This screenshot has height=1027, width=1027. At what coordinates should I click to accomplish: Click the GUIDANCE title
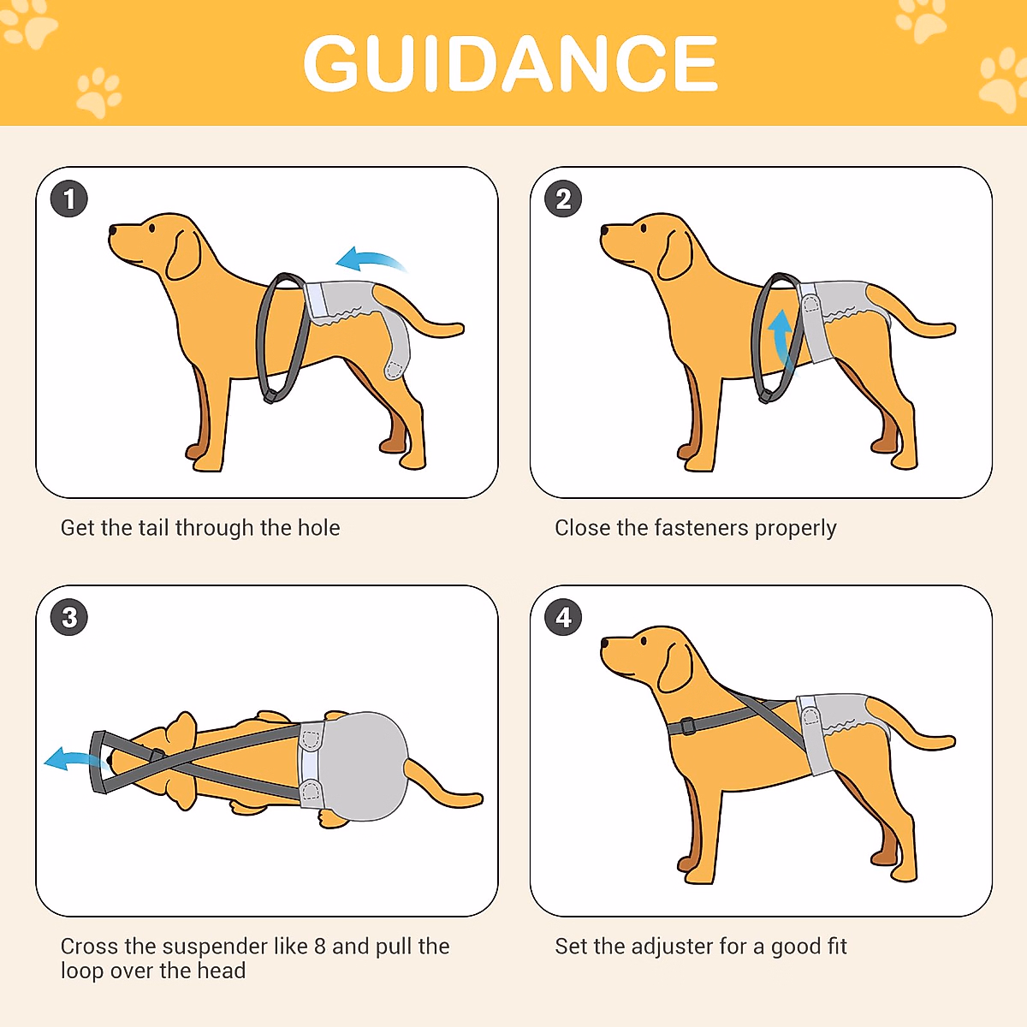(x=511, y=63)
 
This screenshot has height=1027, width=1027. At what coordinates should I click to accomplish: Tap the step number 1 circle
(x=69, y=199)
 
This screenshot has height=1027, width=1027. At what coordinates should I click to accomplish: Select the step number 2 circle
(x=563, y=199)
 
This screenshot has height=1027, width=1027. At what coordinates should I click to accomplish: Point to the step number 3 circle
(x=69, y=617)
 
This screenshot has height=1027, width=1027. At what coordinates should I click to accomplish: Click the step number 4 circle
(x=563, y=617)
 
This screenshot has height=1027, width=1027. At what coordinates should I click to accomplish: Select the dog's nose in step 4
(x=604, y=641)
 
